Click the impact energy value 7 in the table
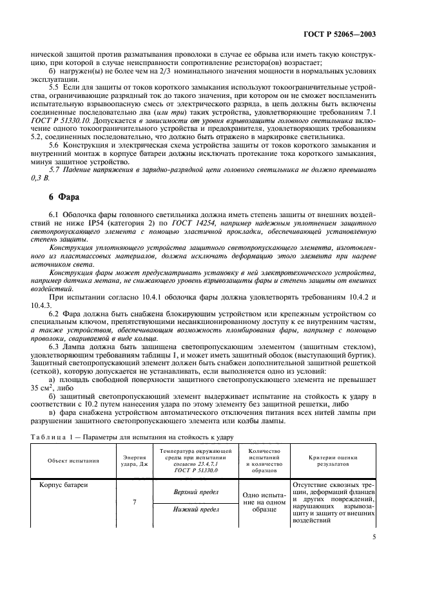click(133, 500)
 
